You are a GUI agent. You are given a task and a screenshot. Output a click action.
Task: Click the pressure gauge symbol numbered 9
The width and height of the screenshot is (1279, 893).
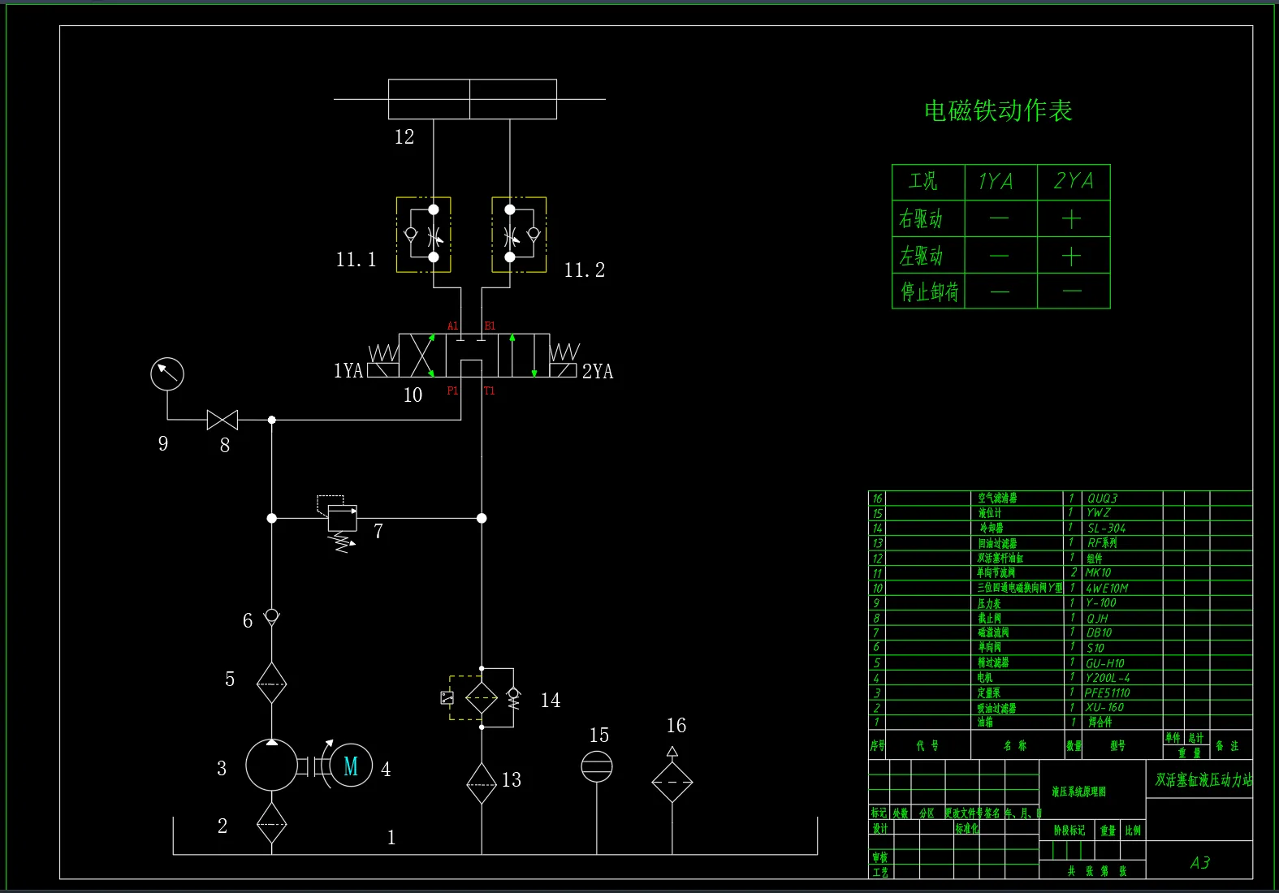(167, 374)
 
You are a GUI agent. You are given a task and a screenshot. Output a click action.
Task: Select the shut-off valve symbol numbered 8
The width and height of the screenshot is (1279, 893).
(223, 420)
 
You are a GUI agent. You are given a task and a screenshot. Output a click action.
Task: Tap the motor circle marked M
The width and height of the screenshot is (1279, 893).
(351, 766)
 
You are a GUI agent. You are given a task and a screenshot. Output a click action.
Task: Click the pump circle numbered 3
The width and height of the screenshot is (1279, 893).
(271, 766)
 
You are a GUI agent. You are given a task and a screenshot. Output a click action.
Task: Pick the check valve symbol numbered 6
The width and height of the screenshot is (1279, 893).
(272, 616)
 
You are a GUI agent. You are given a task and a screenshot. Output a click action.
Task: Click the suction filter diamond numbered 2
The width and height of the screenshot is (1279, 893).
(271, 823)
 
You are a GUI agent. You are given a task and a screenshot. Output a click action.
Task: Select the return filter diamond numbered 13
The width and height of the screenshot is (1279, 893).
(482, 783)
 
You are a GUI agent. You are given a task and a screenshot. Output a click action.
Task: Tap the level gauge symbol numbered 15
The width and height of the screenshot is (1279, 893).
(597, 766)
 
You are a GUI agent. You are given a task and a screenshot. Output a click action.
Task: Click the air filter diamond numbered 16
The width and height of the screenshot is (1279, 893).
(672, 782)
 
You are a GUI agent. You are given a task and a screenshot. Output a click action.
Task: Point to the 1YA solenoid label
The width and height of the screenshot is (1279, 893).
(348, 371)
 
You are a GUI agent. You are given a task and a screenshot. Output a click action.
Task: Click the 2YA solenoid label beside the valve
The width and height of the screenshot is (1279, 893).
(598, 372)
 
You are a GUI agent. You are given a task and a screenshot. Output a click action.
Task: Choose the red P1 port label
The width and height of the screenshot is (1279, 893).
(452, 391)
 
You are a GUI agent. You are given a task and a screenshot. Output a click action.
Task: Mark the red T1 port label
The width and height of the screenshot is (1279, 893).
(490, 391)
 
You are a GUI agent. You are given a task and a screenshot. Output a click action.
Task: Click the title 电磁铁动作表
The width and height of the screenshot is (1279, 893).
(998, 110)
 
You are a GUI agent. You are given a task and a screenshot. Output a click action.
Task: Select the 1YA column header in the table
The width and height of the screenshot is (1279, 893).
(996, 181)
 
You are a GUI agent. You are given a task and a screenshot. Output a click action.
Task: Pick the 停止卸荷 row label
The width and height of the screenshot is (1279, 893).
(929, 291)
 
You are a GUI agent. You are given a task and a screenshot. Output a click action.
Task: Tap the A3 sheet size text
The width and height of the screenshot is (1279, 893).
(1199, 863)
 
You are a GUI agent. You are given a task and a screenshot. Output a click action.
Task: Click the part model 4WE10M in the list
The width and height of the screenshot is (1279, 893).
(1107, 588)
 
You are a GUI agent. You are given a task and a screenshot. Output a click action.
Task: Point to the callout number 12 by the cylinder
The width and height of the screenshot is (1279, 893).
(404, 137)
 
